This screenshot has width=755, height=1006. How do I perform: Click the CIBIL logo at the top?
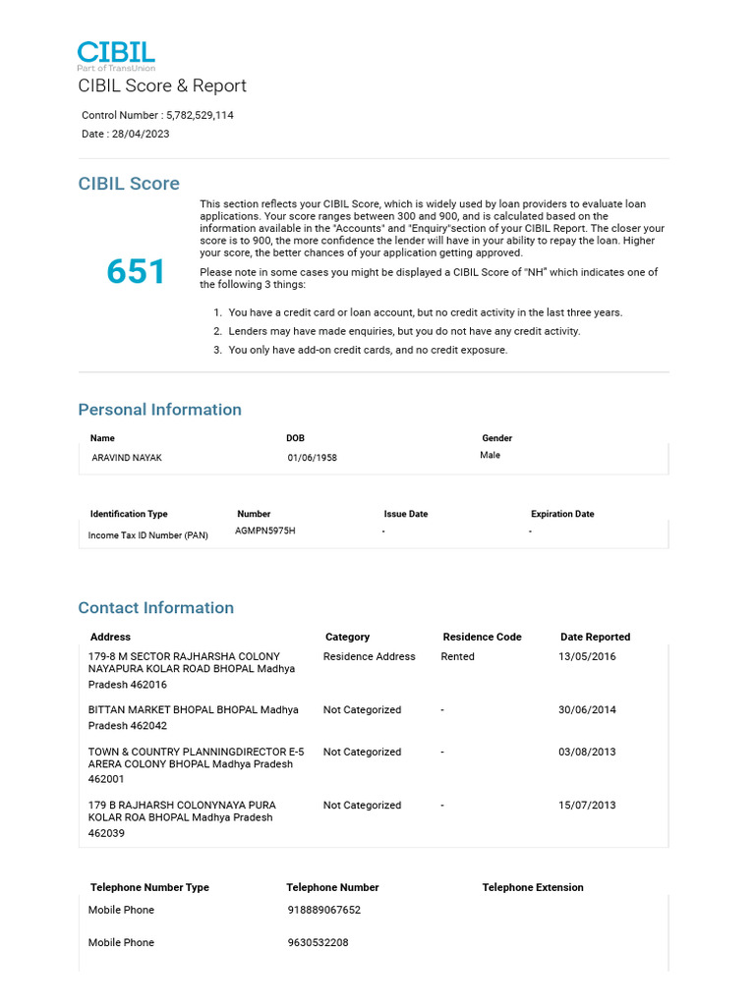[x=116, y=55]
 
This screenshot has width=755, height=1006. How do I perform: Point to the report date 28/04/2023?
[x=140, y=134]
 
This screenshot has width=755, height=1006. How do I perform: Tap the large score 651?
[x=137, y=272]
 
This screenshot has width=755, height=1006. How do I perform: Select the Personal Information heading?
[x=159, y=410]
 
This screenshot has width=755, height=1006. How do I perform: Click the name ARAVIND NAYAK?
[x=127, y=458]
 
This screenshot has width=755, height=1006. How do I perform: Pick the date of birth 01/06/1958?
[x=312, y=458]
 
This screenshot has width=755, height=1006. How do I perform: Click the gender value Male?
[x=490, y=455]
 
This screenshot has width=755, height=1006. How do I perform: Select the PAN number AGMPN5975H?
[x=264, y=531]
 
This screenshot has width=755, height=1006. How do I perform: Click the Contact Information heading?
[x=155, y=607]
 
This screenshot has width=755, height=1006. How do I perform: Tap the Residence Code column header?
[x=482, y=637]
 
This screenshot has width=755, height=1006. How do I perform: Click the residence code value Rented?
[x=457, y=656]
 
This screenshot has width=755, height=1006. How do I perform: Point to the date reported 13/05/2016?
[x=587, y=656]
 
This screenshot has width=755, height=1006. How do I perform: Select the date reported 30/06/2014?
[x=587, y=709]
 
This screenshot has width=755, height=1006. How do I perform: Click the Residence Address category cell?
[x=369, y=656]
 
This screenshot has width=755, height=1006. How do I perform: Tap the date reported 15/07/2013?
[x=587, y=805]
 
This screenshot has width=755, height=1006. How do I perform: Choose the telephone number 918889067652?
[x=323, y=910]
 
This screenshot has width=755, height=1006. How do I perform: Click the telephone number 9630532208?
[x=318, y=942]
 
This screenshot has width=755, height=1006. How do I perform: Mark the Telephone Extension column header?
[x=532, y=887]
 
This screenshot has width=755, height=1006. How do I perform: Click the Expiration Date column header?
[x=562, y=514]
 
